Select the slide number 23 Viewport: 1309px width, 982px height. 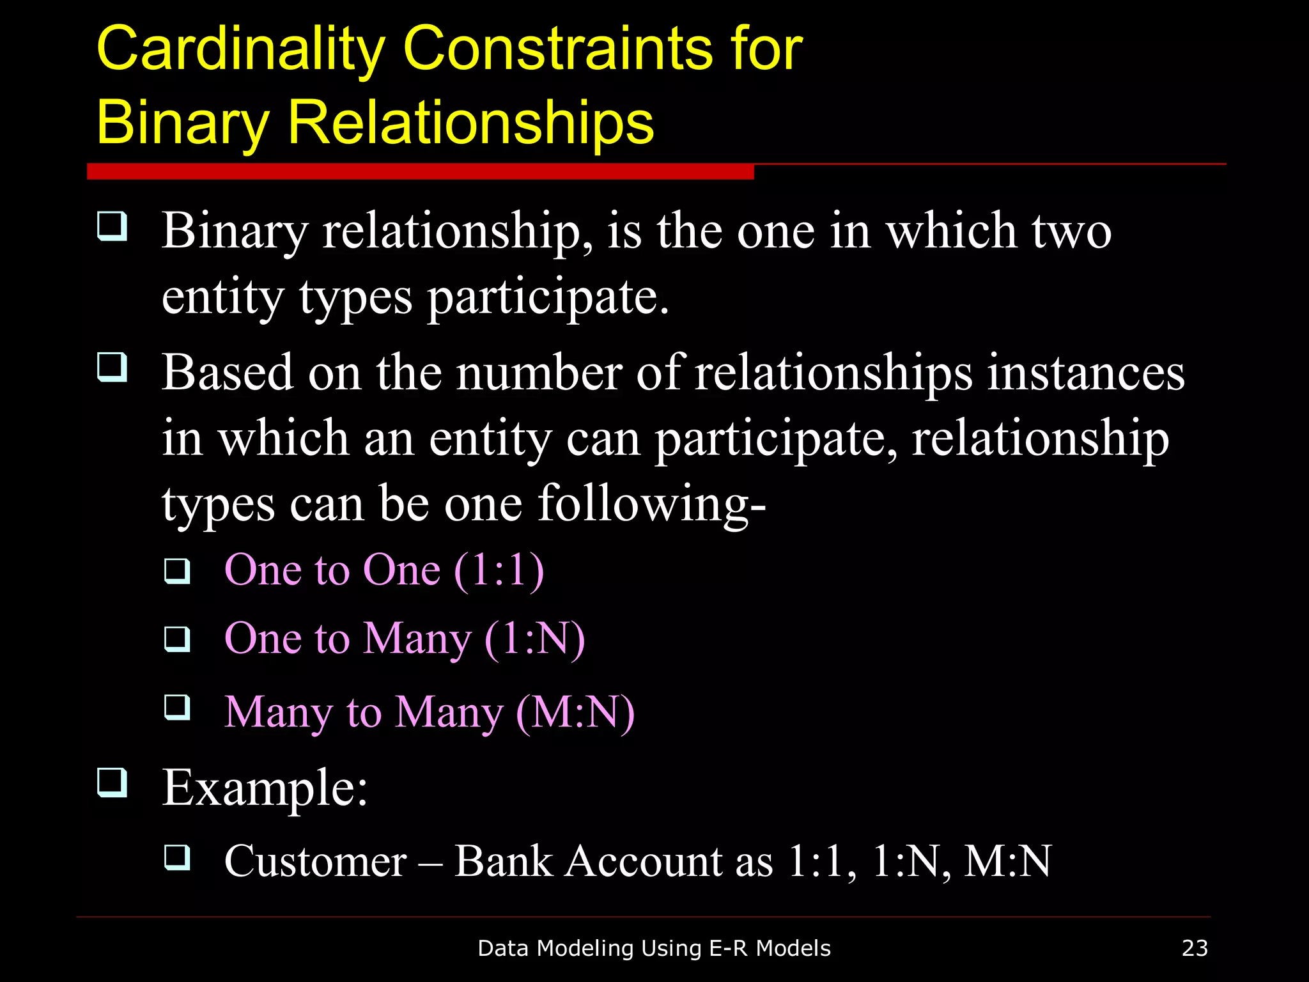(1195, 947)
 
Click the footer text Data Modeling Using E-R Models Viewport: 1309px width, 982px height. (654, 947)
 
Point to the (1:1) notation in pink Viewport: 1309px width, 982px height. (499, 569)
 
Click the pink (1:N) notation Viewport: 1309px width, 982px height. (534, 638)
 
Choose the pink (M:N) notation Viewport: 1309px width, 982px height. (575, 712)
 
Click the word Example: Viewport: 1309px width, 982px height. (265, 787)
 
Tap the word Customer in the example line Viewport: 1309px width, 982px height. (315, 861)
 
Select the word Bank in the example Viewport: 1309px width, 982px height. (503, 861)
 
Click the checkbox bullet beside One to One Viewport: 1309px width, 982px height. (177, 570)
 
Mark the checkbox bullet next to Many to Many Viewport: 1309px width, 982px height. (177, 708)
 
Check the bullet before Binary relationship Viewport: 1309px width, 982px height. (112, 226)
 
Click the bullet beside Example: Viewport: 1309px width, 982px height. (112, 783)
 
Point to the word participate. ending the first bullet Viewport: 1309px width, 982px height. (548, 297)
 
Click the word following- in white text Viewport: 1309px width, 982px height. (651, 504)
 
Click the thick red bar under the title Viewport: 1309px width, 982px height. (420, 171)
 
